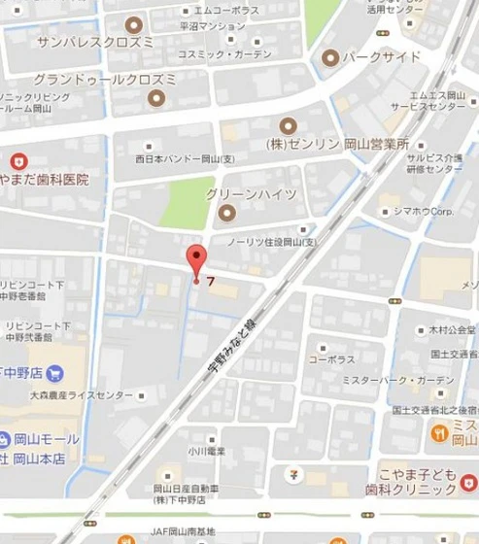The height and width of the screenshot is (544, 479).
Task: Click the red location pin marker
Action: click(x=196, y=261)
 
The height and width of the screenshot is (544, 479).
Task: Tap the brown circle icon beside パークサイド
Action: click(x=330, y=57)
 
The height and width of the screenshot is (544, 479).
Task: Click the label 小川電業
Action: click(x=207, y=451)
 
